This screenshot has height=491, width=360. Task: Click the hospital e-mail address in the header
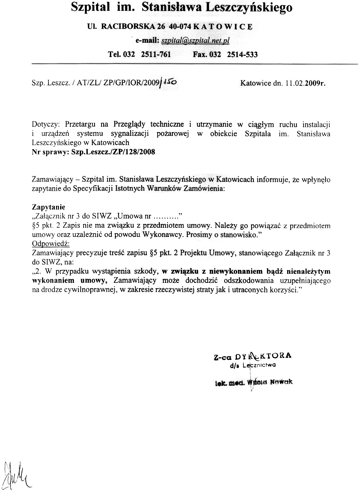click(195, 41)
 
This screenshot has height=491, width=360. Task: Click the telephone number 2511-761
click(156, 54)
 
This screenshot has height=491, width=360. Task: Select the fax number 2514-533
click(243, 54)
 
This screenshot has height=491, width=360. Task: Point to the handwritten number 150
click(171, 82)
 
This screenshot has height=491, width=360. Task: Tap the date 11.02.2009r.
click(305, 83)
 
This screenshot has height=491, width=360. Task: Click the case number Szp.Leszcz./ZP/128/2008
click(114, 152)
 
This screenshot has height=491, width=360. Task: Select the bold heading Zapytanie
click(48, 207)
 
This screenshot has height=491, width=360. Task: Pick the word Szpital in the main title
click(87, 7)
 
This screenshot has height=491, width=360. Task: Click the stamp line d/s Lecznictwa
click(253, 365)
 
